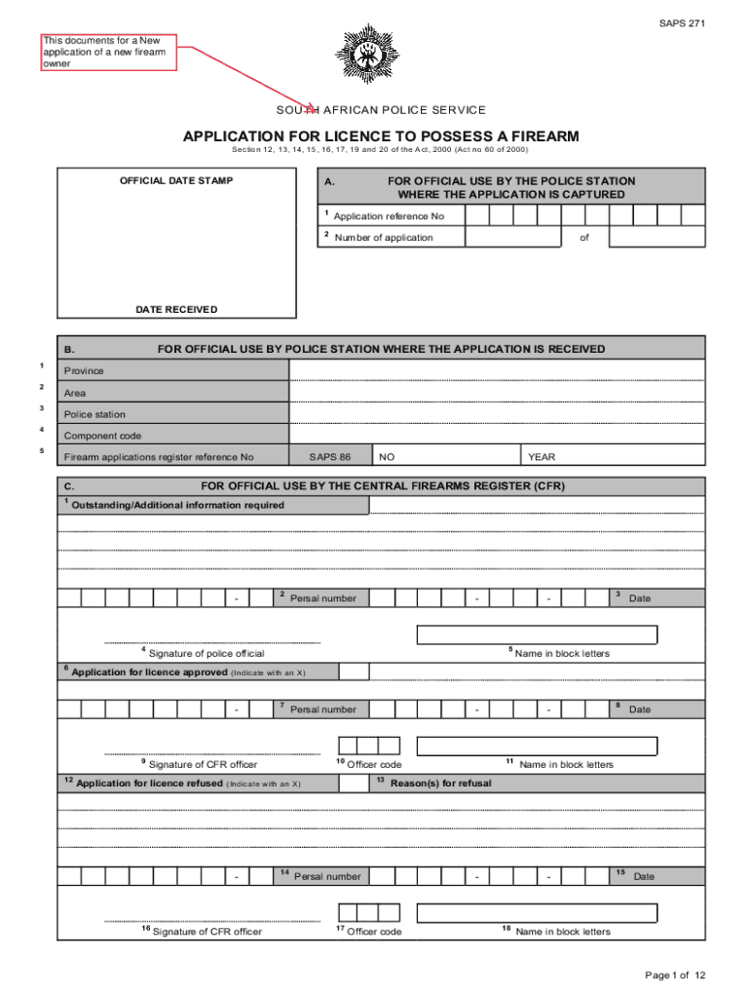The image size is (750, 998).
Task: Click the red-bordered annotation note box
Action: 107,53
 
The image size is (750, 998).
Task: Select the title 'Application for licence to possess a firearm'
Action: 381,135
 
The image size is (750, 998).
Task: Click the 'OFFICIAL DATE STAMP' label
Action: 176,180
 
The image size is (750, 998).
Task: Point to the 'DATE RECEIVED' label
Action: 176,309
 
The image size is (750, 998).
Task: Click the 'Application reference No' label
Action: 389,216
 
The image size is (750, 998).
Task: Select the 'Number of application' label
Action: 384,238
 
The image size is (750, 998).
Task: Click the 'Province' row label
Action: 84,371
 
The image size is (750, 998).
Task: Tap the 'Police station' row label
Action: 94,414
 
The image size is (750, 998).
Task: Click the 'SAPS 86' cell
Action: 329,456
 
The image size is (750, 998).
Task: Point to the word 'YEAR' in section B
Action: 542,456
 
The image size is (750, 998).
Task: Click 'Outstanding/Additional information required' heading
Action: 178,505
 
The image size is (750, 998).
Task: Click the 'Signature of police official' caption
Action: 206,653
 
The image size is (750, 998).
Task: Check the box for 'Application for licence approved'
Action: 355,672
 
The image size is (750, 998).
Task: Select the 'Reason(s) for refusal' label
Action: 440,784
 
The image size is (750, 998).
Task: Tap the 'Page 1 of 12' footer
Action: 675,976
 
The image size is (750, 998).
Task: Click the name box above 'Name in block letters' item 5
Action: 537,635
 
